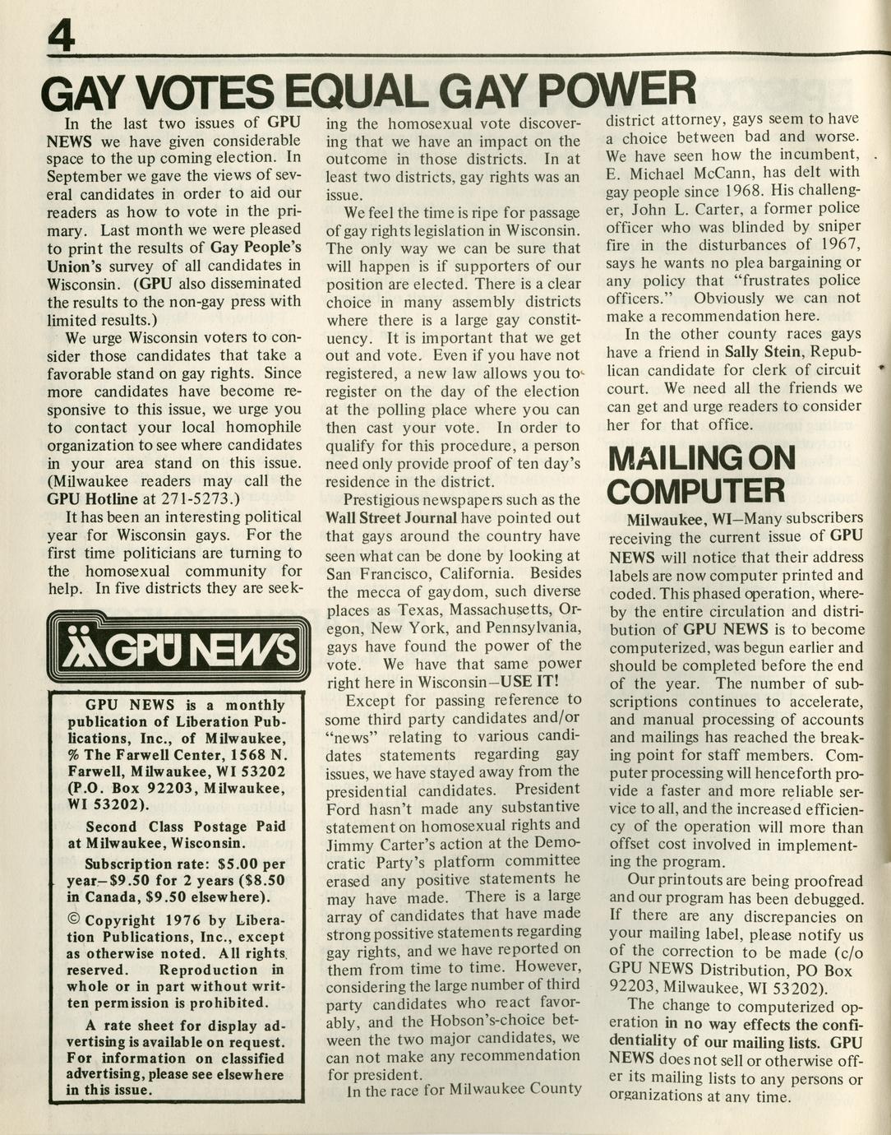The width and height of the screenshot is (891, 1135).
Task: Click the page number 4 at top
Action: click(62, 35)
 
